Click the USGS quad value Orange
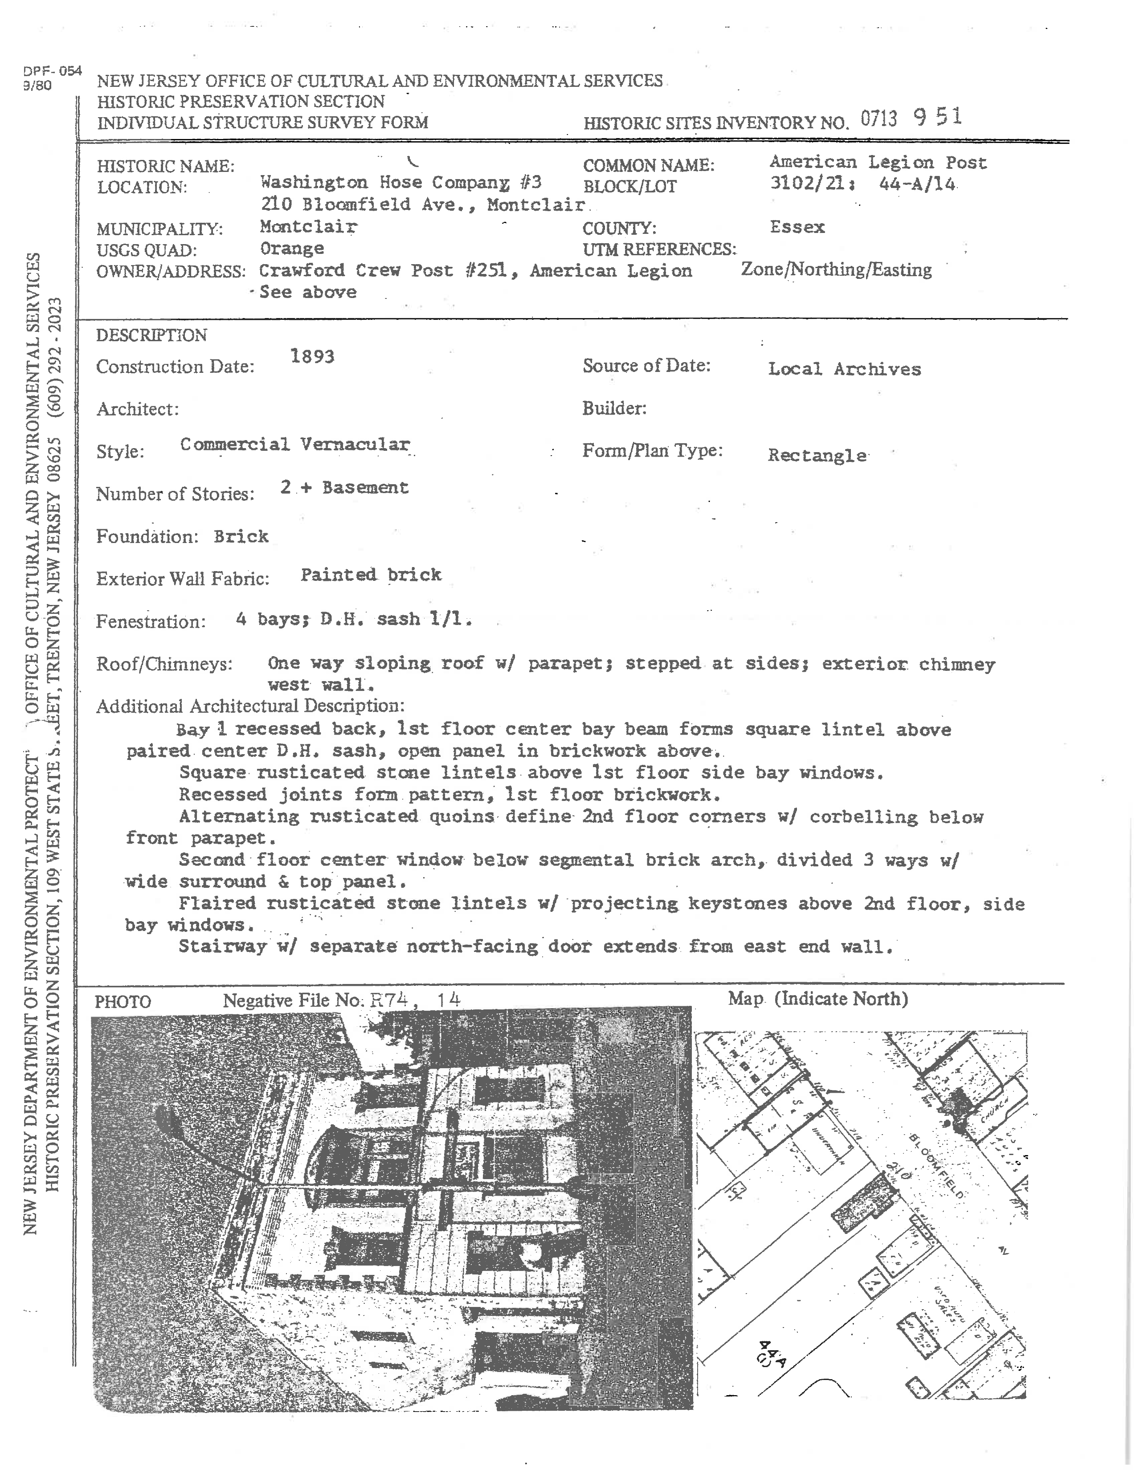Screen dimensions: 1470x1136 coord(292,249)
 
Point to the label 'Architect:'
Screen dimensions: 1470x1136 coord(137,409)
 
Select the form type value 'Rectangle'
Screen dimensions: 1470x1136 coord(817,456)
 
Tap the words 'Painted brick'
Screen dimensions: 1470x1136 coord(371,575)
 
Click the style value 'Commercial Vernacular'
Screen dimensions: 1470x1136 coord(295,445)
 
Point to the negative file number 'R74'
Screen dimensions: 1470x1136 coord(389,1000)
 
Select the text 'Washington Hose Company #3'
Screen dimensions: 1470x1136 coord(401,182)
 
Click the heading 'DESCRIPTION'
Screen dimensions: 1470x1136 coord(151,335)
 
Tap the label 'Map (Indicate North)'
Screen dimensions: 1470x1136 coord(817,999)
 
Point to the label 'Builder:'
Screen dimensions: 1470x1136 coord(614,408)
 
